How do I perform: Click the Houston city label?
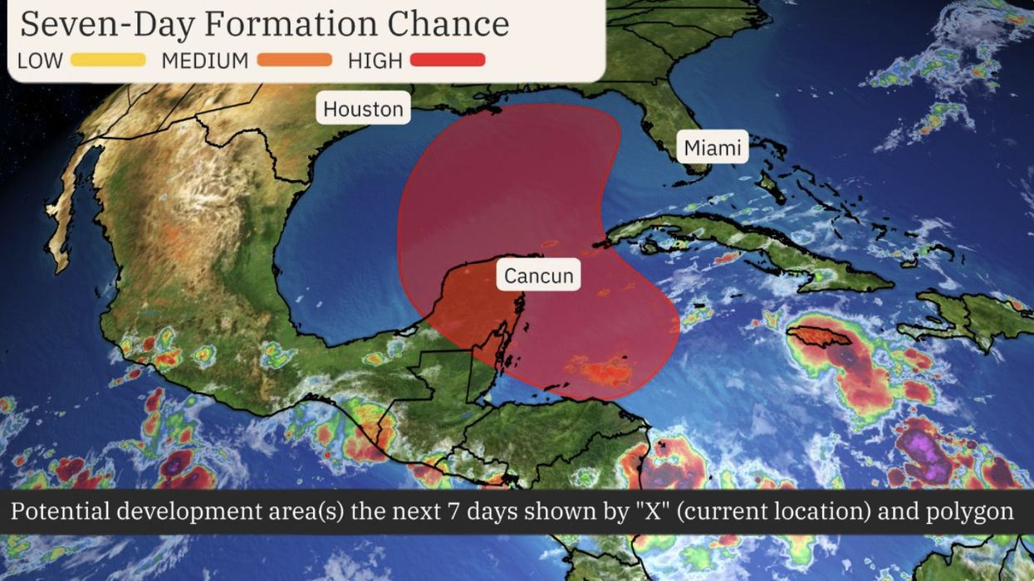tap(363, 108)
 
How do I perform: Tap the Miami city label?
tap(712, 148)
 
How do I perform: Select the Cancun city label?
tap(539, 275)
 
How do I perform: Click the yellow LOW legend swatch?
tap(108, 60)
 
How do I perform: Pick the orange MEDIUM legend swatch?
tap(294, 60)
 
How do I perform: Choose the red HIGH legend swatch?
tap(447, 60)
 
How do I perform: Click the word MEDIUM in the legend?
tap(204, 61)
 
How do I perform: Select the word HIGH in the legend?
tap(375, 61)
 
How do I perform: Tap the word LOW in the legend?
tap(40, 61)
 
